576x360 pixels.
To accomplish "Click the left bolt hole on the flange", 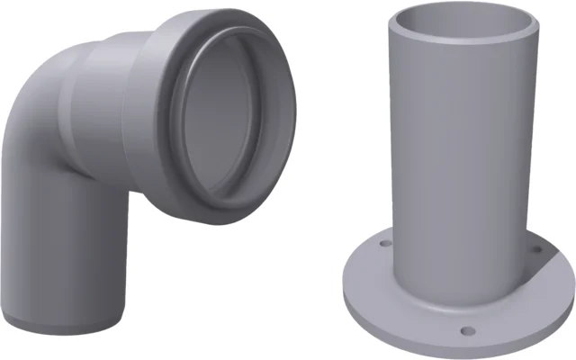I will [x=383, y=244].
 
